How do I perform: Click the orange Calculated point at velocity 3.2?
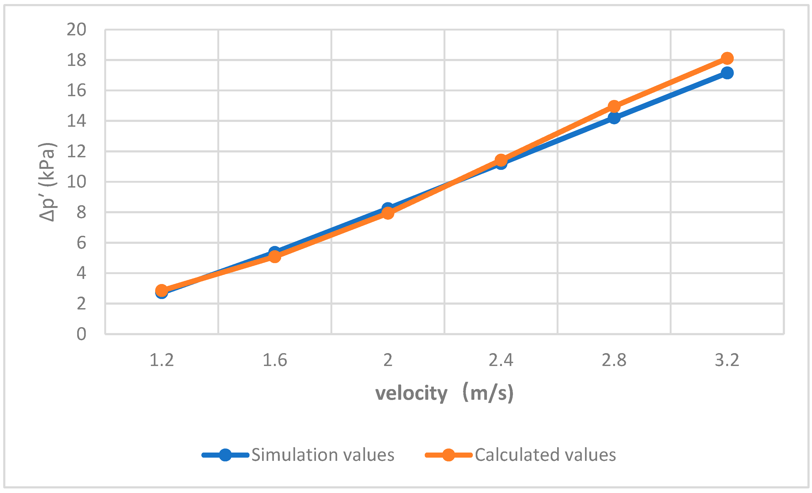727,58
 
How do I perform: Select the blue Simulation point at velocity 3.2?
727,73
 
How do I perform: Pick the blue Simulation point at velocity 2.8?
614,118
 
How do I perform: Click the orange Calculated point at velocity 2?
388,213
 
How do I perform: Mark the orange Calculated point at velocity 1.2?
162,291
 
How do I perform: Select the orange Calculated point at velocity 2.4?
501,160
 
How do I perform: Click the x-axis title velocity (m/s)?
444,393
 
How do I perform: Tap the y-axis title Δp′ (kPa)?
47,182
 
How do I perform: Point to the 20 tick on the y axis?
76,30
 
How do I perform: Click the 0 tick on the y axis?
81,334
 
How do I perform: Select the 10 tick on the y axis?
76,182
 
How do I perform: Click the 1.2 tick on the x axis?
162,360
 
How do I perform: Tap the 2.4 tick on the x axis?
501,360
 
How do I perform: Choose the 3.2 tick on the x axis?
727,360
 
